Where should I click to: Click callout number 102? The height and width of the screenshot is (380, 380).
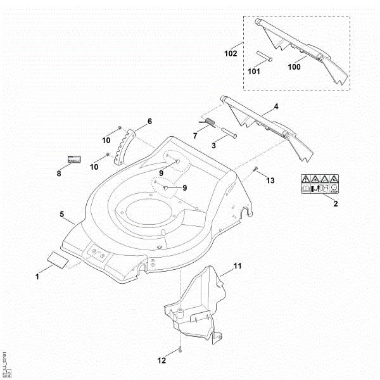coord(231,54)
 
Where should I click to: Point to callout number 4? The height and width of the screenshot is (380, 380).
coord(275,108)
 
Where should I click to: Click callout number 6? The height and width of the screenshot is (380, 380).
coord(149,121)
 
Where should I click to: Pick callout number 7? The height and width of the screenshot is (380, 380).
coord(196,135)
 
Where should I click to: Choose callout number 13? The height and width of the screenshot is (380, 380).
coord(270,181)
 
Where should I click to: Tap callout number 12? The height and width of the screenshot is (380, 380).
coord(162,360)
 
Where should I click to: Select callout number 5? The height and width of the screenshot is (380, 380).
coord(63,215)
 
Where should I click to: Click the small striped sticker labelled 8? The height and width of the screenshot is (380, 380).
coord(76,158)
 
